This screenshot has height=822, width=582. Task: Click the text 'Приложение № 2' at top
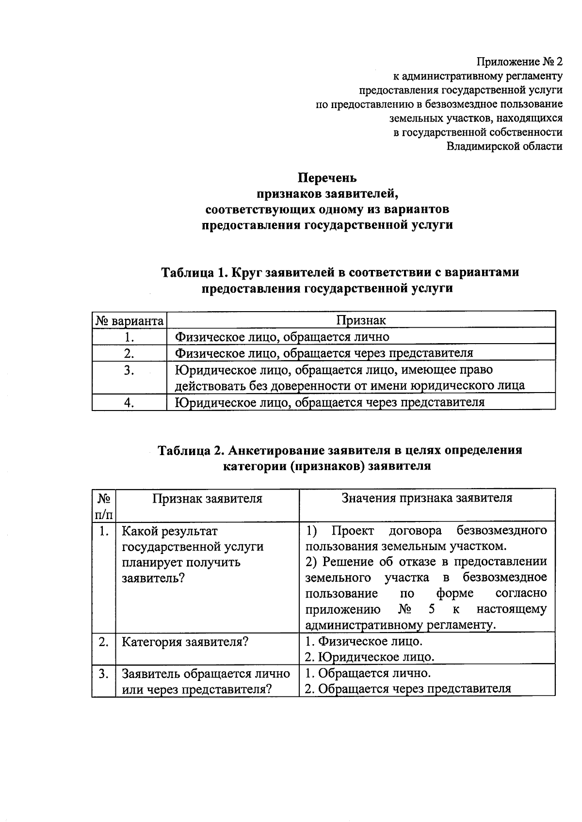pyautogui.click(x=519, y=62)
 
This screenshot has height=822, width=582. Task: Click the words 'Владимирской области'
pyautogui.click(x=504, y=146)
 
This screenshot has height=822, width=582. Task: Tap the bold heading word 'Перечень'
pyautogui.click(x=327, y=178)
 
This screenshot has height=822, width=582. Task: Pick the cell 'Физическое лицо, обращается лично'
pyautogui.click(x=282, y=336)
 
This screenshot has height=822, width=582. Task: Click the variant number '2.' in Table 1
pyautogui.click(x=129, y=353)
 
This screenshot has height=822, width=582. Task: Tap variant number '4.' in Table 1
pyautogui.click(x=129, y=402)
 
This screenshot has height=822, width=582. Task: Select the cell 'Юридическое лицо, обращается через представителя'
pyautogui.click(x=329, y=402)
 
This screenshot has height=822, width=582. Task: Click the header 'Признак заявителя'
pyautogui.click(x=207, y=499)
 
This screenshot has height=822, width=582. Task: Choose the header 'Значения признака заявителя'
pyautogui.click(x=427, y=498)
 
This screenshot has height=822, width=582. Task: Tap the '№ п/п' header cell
pyautogui.click(x=103, y=506)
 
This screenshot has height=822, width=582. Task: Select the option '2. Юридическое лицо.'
pyautogui.click(x=370, y=657)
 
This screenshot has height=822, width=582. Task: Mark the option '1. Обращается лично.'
pyautogui.click(x=368, y=673)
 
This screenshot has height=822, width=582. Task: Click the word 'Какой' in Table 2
pyautogui.click(x=138, y=531)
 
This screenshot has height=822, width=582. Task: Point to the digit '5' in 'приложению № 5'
pyautogui.click(x=432, y=609)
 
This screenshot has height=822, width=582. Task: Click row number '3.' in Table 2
pyautogui.click(x=103, y=674)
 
